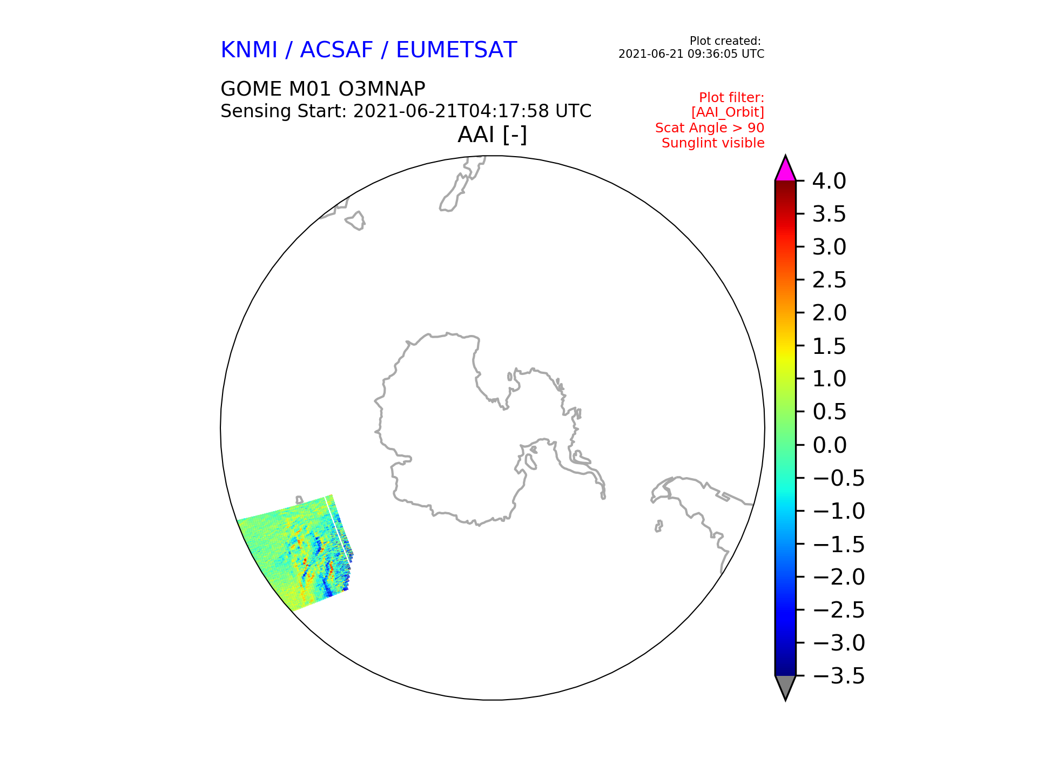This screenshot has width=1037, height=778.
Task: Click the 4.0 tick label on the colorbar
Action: [829, 181]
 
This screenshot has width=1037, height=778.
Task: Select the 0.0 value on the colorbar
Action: [829, 445]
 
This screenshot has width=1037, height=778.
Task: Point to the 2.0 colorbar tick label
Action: [829, 313]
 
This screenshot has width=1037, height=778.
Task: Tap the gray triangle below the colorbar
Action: [785, 687]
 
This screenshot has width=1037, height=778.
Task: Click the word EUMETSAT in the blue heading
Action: [456, 50]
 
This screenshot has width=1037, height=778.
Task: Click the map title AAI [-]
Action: [492, 135]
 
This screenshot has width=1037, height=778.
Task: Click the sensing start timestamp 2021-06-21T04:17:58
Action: [451, 111]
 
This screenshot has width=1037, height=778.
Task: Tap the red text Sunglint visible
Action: [713, 143]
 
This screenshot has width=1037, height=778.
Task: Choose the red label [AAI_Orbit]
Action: [728, 112]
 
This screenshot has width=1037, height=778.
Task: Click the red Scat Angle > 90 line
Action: [710, 128]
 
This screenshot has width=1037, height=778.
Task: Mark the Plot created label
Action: [725, 41]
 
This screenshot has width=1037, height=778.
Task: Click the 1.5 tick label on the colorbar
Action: [829, 346]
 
